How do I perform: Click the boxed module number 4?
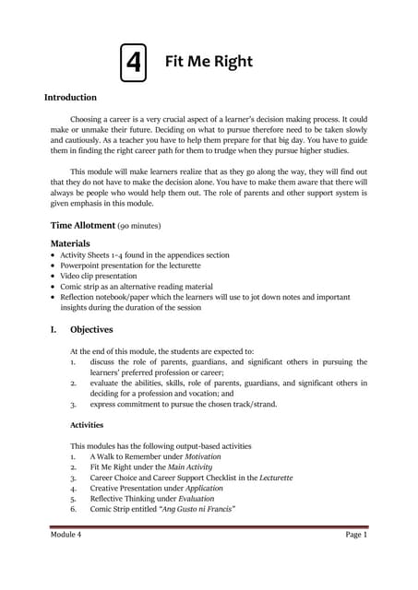(134, 63)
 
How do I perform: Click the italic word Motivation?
(197, 456)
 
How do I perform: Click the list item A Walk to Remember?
(126, 456)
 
